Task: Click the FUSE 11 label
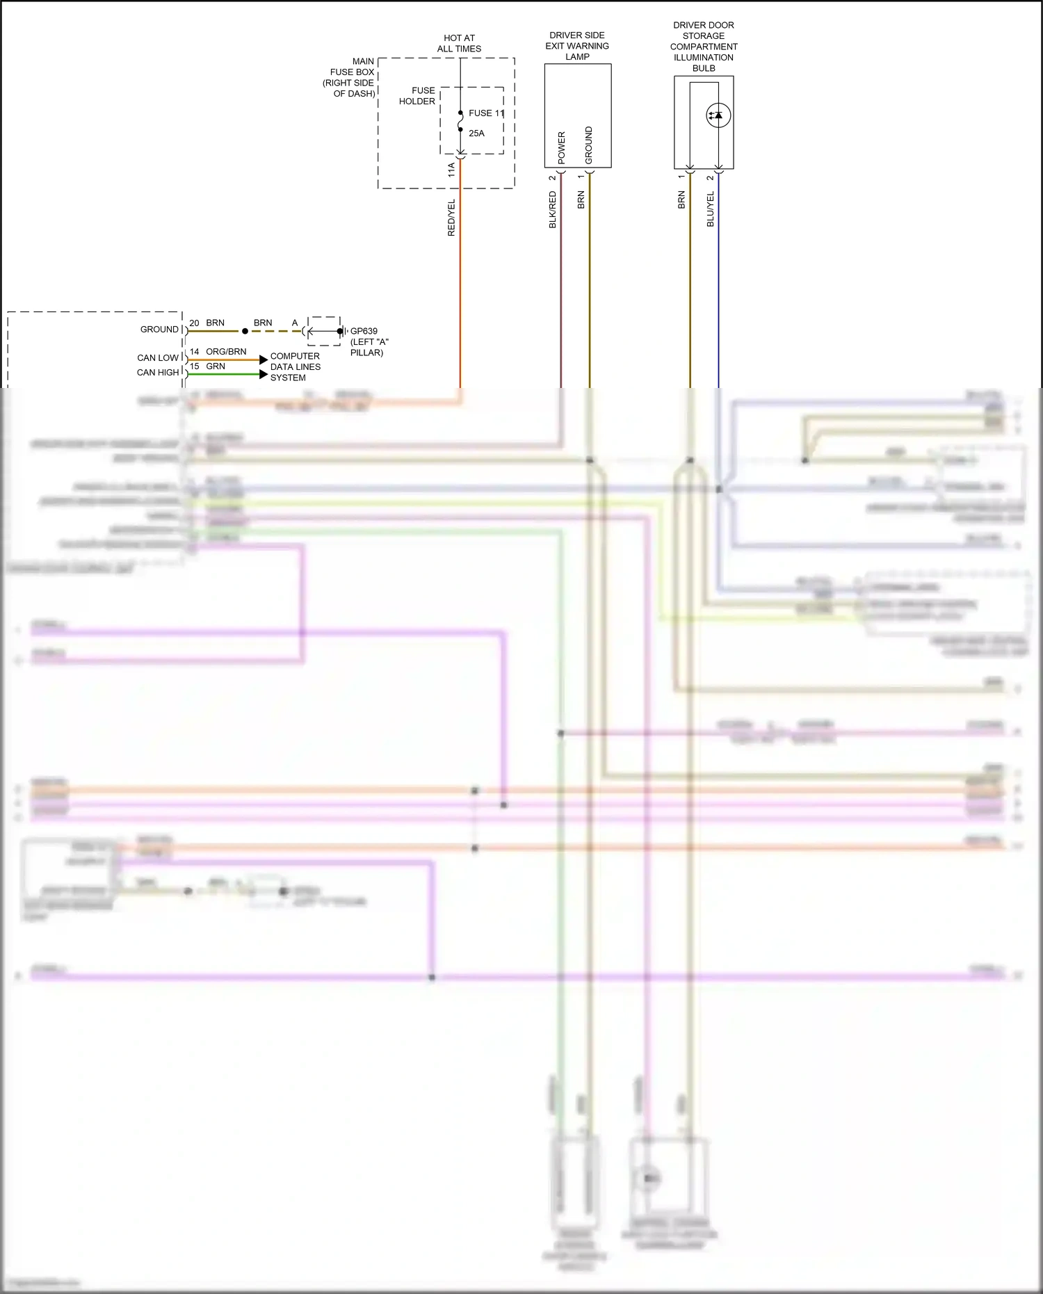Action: coord(486,113)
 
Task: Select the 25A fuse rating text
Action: coord(476,134)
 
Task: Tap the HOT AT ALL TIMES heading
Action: coord(459,43)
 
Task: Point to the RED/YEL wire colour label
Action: coord(451,218)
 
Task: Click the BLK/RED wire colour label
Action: coord(553,210)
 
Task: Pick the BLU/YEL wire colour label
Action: coord(710,209)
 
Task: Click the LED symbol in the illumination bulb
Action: coord(718,115)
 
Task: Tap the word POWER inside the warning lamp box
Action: coord(562,147)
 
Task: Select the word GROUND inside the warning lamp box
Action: coord(589,145)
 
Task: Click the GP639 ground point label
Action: coord(364,332)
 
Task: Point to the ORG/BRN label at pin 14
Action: coord(226,352)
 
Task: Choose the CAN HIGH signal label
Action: coord(158,373)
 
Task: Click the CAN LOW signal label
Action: coord(158,358)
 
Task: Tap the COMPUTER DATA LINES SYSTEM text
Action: coord(295,366)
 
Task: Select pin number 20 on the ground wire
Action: coord(194,323)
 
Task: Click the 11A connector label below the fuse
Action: coord(451,169)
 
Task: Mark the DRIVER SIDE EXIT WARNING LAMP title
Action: coord(577,46)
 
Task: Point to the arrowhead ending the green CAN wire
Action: coord(264,374)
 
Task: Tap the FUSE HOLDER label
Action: coord(417,96)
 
